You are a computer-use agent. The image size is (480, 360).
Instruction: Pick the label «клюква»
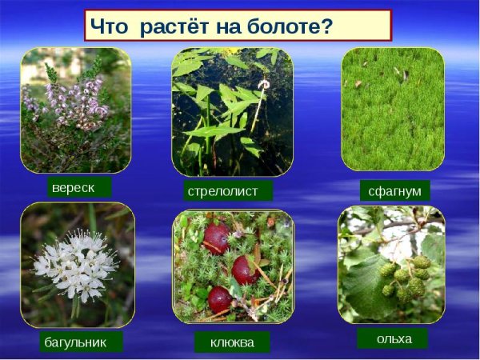coord(232,342)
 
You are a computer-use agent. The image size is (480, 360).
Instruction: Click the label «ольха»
coord(394,338)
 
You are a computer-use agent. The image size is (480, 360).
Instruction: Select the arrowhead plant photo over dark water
coord(232,111)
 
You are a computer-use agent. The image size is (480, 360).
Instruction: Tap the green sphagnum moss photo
coord(392,110)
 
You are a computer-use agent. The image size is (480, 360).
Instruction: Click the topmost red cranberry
coord(217,238)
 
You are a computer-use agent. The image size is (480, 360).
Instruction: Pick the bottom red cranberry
coord(220,299)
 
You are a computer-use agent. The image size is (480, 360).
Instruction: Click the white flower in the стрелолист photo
coord(263,83)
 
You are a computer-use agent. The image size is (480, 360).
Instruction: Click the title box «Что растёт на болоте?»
coord(238,26)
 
